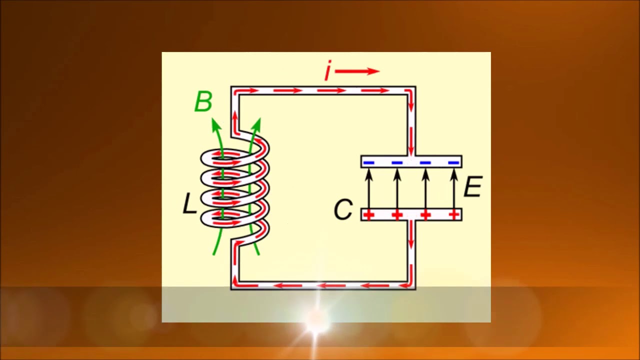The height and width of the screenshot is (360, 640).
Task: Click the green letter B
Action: [203, 101]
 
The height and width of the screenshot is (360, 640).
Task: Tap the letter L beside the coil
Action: [189, 203]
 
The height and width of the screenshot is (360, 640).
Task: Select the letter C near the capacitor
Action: [343, 209]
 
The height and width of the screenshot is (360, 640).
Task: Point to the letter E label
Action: [473, 186]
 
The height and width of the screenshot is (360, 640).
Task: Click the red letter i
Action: [328, 70]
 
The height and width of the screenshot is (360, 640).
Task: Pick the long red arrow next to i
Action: [357, 71]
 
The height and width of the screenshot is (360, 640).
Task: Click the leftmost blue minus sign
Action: [368, 163]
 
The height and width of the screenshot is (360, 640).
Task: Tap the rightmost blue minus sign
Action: [453, 163]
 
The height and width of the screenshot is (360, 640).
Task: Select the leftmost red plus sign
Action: [368, 215]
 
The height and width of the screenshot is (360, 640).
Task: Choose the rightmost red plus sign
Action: [453, 215]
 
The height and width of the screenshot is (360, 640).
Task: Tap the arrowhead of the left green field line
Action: [215, 124]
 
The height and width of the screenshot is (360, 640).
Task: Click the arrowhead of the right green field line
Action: [257, 124]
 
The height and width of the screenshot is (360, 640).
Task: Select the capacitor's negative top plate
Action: [411, 161]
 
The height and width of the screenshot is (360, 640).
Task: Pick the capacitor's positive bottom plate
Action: [411, 214]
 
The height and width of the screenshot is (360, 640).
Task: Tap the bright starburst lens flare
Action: [316, 317]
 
